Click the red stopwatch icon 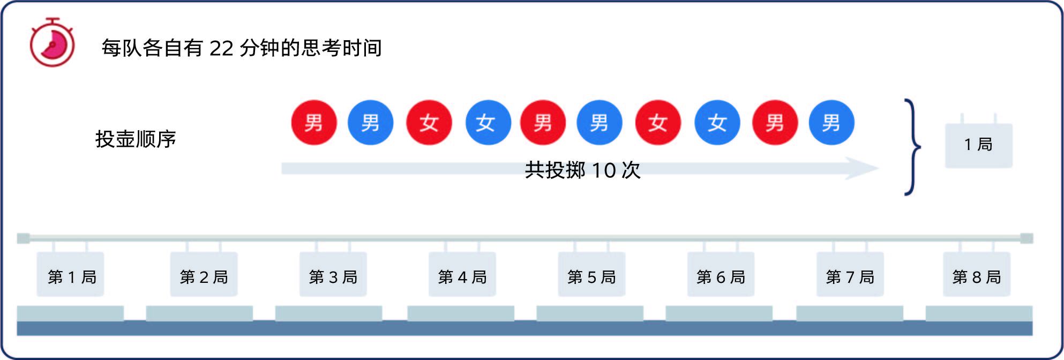[52, 42]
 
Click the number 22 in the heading [221, 48]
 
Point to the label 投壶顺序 [136, 139]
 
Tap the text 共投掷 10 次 [582, 170]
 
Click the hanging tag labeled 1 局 [978, 145]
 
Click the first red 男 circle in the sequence [314, 123]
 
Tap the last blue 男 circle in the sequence [831, 123]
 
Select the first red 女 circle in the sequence [429, 123]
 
